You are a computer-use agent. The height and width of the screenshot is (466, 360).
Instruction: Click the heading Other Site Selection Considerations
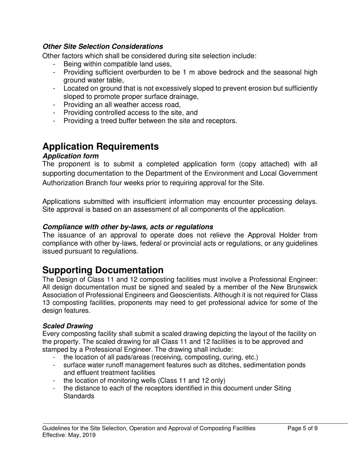pyautogui.click(x=103, y=47)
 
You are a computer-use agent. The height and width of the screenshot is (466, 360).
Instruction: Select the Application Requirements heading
pyautogui.click(x=100, y=147)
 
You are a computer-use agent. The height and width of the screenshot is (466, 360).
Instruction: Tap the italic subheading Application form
pyautogui.click(x=70, y=156)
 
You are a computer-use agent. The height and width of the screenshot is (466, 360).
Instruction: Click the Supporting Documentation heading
pyautogui.click(x=103, y=270)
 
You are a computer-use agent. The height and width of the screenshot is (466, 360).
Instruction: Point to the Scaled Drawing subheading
pyautogui.click(x=68, y=326)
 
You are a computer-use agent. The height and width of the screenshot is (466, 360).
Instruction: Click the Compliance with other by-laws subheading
pyautogui.click(x=128, y=227)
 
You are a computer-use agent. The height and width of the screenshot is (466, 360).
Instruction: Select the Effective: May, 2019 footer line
pyautogui.click(x=69, y=435)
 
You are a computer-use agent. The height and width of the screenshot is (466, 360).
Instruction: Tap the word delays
pyautogui.click(x=306, y=202)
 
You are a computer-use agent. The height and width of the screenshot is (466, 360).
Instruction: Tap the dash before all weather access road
pyautogui.click(x=55, y=105)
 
